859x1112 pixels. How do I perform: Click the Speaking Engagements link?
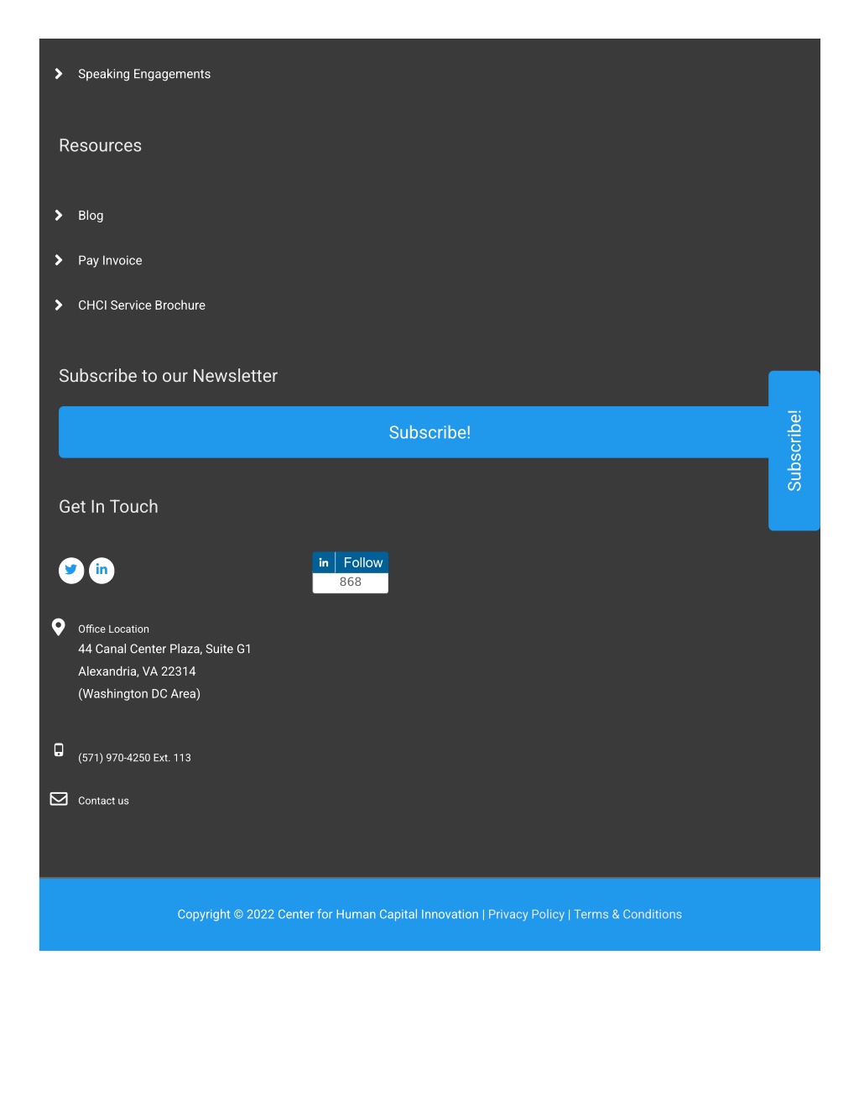point(144,74)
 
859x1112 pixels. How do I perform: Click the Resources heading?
point(100,145)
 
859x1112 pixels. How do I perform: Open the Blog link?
point(91,216)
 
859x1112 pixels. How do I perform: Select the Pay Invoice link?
point(110,260)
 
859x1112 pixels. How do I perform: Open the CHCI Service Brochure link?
point(142,305)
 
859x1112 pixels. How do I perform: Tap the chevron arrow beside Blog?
point(59,216)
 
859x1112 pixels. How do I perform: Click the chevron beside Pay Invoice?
point(59,260)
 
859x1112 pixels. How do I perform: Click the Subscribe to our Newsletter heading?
point(168,376)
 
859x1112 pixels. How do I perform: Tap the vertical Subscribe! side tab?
point(794,451)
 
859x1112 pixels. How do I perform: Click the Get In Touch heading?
point(108,507)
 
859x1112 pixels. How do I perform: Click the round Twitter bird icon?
point(71,570)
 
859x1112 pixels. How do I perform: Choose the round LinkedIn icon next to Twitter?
point(102,570)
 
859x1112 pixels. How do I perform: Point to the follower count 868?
point(351,582)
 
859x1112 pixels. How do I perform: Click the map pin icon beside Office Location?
point(59,627)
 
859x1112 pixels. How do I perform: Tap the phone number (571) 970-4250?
point(114,757)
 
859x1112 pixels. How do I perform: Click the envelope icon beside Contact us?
point(59,799)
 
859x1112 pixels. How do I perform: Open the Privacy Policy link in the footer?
point(526,914)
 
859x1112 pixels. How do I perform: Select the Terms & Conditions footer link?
point(627,914)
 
